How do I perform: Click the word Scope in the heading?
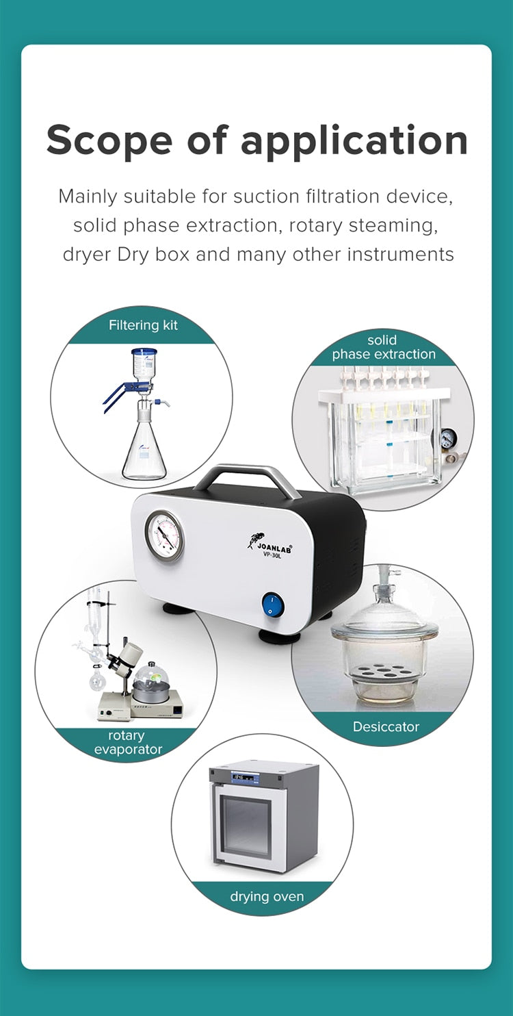coord(109,140)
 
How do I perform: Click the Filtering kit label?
coord(143,325)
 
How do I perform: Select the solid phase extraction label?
coord(384,347)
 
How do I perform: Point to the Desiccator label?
coord(386,726)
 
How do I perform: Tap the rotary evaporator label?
coord(128,742)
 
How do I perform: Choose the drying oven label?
coord(267,897)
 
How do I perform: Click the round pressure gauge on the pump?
coord(165,535)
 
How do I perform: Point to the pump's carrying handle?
coord(247,480)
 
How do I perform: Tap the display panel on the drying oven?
coord(245,778)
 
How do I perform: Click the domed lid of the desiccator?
coord(384,615)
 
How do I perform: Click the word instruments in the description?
coord(400,255)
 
